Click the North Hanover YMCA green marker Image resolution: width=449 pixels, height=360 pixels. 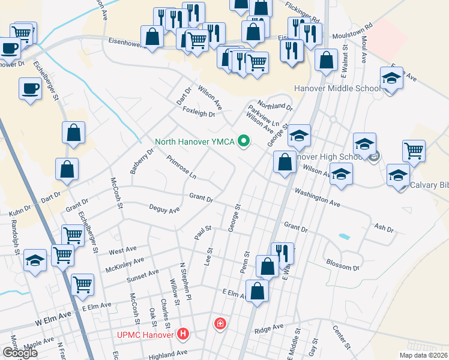pos(244,142)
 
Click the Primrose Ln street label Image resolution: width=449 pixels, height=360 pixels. pos(181,168)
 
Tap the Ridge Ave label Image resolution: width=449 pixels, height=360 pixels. pos(268,328)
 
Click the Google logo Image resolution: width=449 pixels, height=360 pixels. pos(20,352)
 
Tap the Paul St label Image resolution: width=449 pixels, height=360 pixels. pos(203,232)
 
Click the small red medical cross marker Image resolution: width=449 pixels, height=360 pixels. pos(220,325)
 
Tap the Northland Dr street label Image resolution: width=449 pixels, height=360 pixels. pos(275,106)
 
